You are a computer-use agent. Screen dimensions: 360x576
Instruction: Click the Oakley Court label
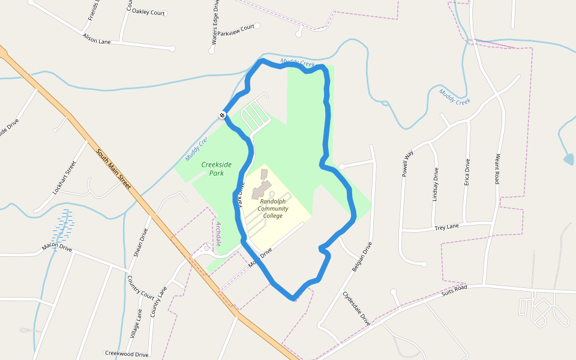(x=148, y=12)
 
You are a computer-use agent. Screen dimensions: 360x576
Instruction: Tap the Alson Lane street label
(x=97, y=38)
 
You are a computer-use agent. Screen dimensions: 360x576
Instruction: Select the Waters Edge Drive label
(x=214, y=22)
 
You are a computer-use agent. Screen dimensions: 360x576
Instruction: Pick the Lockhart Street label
(x=65, y=177)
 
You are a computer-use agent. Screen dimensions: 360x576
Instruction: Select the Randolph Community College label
(x=273, y=209)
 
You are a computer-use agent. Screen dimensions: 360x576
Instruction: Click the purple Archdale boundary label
(x=218, y=234)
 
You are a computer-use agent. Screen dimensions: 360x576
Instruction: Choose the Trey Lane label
(x=446, y=227)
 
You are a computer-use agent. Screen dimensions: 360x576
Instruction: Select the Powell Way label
(x=408, y=163)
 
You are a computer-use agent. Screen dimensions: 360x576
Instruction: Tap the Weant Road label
(x=497, y=169)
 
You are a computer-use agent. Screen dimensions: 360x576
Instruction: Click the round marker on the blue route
(x=222, y=115)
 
